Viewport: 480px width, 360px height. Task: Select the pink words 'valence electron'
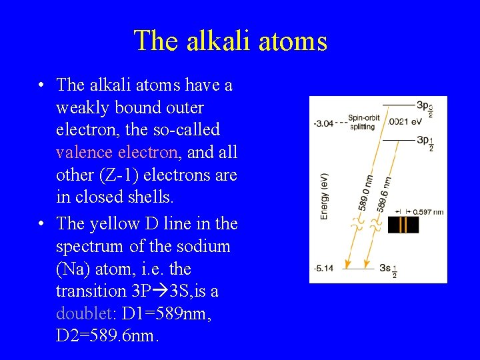117,152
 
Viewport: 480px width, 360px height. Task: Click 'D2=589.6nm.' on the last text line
108,336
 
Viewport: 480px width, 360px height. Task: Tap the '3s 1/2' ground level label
389,271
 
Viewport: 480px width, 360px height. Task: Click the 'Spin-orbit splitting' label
365,122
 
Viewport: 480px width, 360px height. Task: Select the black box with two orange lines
403,225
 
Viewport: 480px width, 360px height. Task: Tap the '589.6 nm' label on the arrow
383,193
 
